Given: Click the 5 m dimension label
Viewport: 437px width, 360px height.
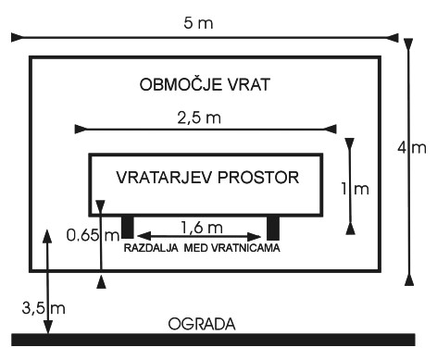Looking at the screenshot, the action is [198, 23].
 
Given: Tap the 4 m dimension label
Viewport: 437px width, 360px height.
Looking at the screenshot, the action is [412, 148].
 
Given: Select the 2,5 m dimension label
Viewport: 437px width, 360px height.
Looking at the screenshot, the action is [199, 118].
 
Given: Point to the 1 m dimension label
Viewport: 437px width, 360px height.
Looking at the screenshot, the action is [355, 189].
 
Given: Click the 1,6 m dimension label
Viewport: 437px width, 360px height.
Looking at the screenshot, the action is [202, 228].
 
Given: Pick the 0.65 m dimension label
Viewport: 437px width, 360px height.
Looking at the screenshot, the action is [93, 235].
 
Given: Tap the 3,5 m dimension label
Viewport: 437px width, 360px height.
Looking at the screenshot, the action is [44, 308].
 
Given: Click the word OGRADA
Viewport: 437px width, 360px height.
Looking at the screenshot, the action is [202, 324].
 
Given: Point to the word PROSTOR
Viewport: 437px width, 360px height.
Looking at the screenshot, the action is [258, 178].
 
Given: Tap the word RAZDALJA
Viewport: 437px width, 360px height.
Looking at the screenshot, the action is [151, 248].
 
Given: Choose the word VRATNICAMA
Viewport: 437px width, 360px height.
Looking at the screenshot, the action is [245, 248].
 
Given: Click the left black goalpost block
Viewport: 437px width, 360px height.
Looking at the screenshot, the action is [128, 227].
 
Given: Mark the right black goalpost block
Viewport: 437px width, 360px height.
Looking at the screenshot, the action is [273, 228].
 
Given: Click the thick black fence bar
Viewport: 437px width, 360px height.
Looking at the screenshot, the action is [213, 340].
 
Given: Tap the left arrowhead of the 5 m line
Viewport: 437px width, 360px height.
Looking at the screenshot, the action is [17, 37].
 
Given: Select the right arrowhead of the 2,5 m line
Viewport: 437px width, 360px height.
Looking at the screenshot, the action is [331, 130].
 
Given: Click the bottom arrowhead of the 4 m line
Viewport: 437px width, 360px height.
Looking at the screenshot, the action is [409, 280].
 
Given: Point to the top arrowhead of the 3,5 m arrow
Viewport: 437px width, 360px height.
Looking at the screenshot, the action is [47, 235].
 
